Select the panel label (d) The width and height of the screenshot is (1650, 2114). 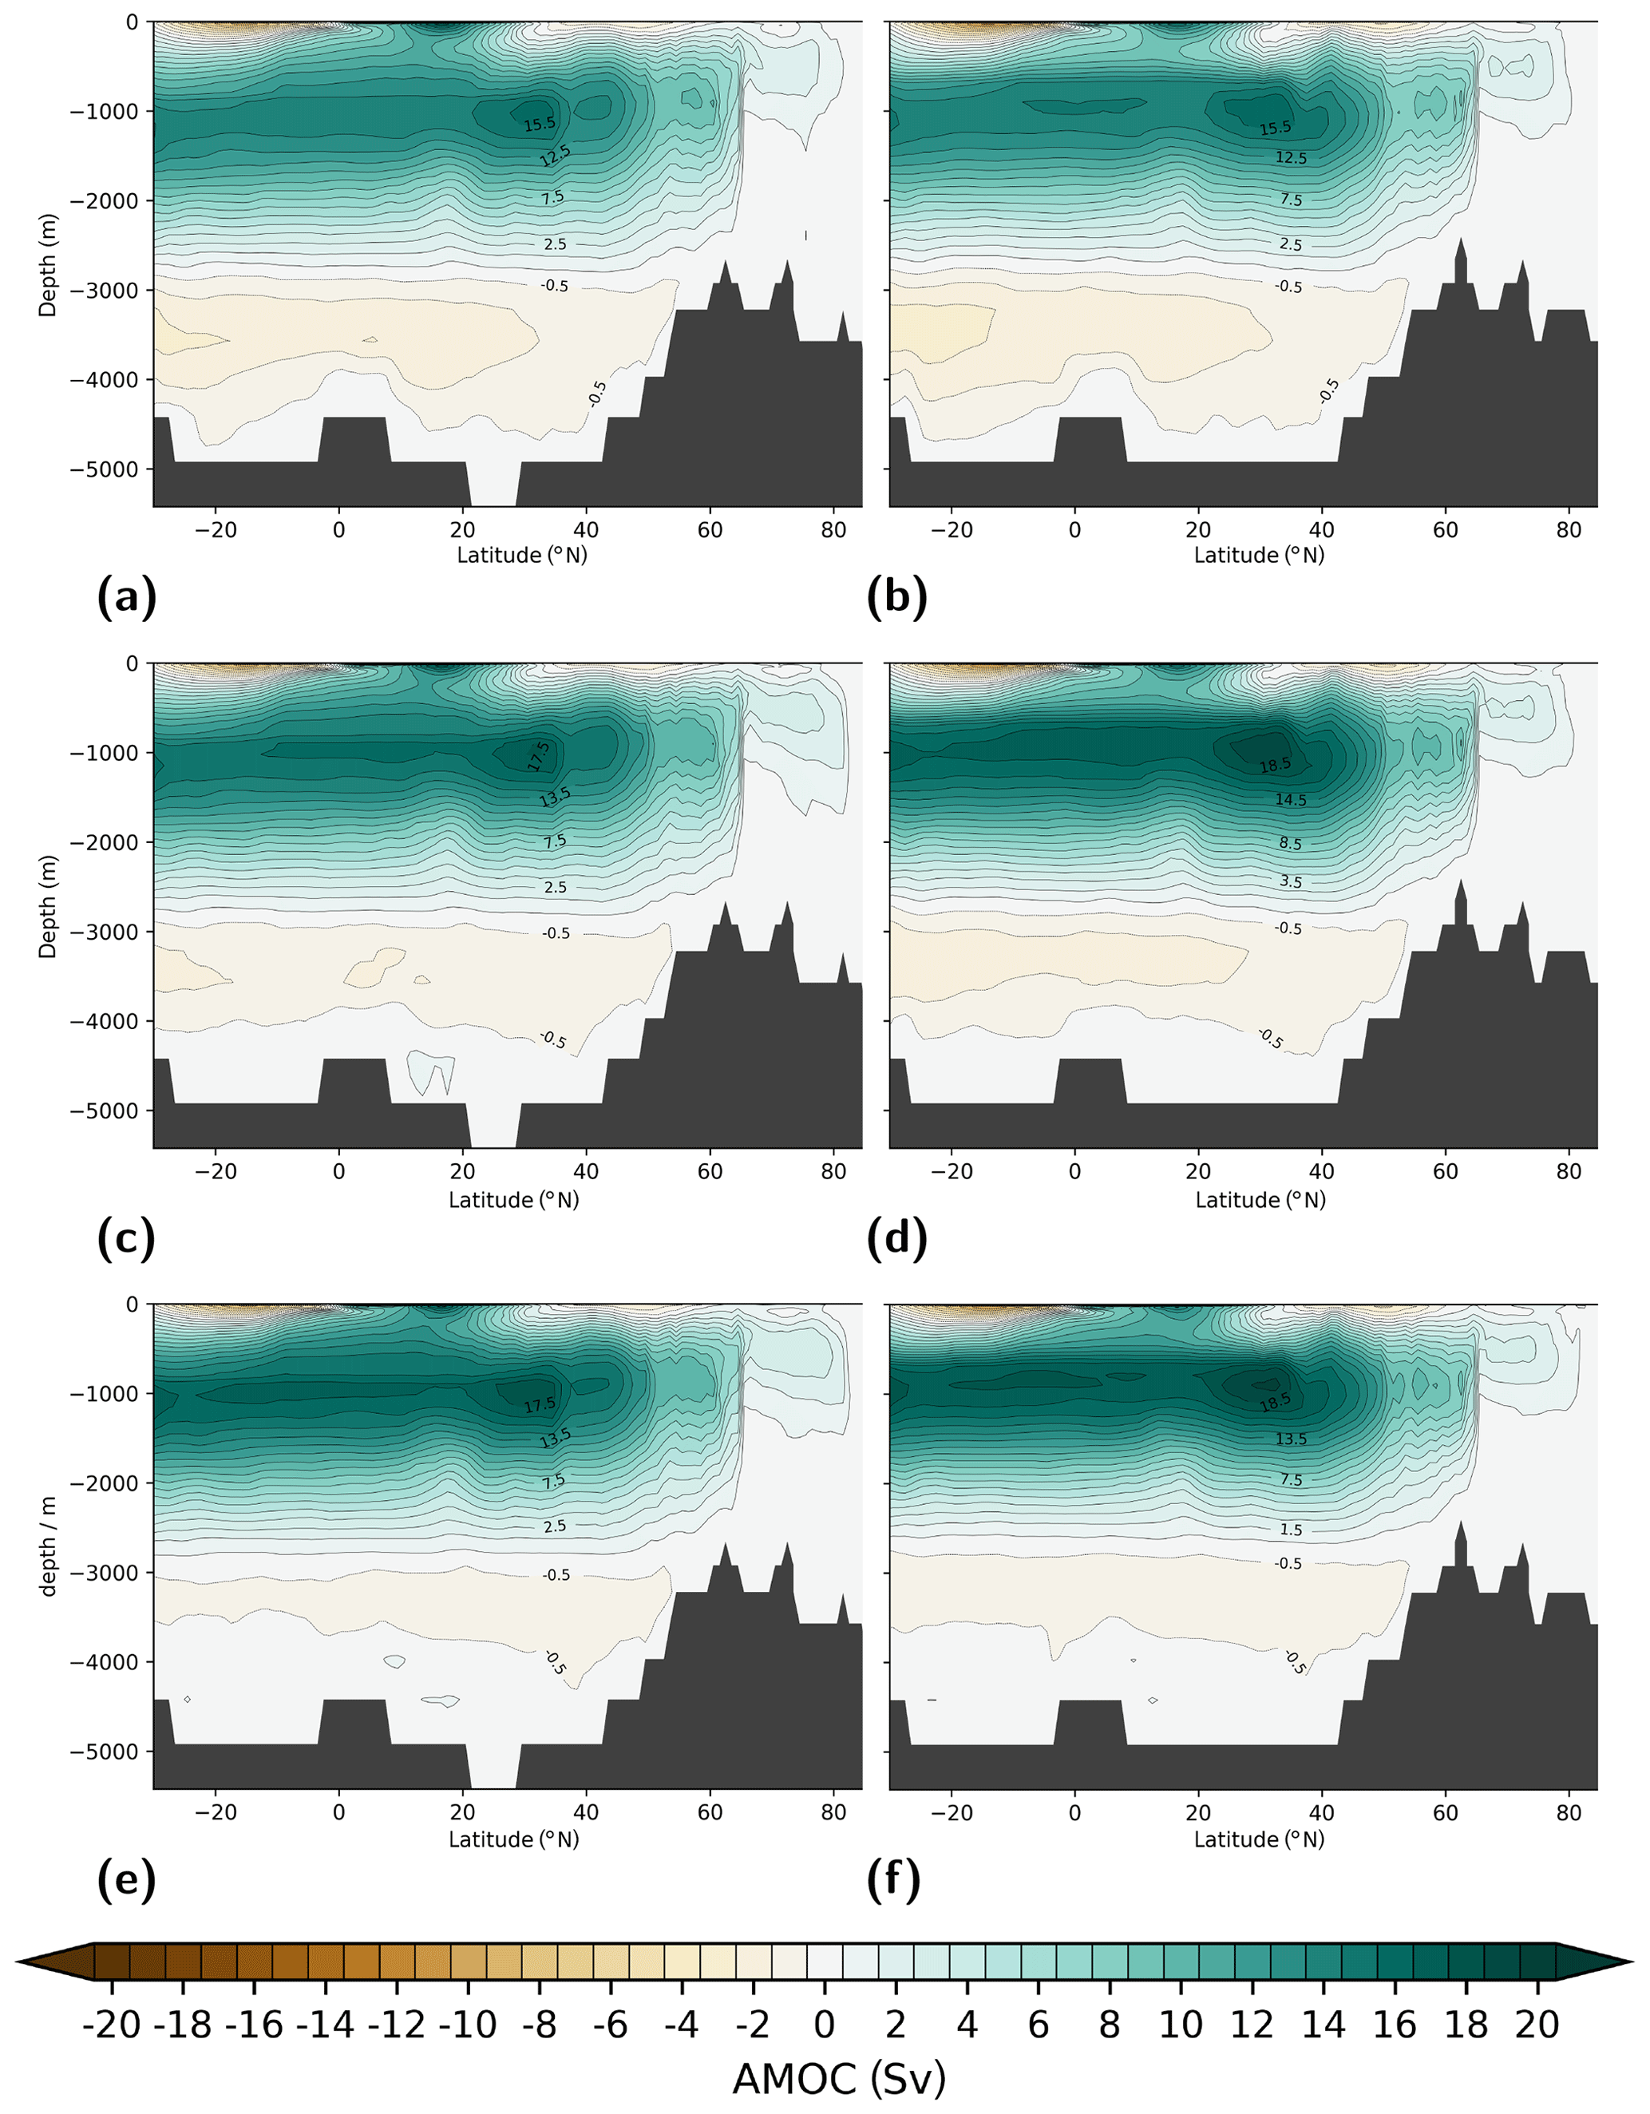897,1240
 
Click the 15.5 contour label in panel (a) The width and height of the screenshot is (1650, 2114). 540,124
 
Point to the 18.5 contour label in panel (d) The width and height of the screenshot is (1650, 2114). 1275,766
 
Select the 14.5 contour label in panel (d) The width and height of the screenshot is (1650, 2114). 1290,801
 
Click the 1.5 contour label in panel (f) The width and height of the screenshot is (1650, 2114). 1291,1530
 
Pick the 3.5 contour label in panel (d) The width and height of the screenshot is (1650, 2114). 1290,882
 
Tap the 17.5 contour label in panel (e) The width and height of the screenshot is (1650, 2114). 540,1404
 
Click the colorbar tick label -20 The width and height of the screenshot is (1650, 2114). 113,2025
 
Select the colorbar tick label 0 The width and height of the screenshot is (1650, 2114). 824,2025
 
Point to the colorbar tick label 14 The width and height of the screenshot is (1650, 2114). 1323,2025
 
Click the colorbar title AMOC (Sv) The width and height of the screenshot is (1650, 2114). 838,2079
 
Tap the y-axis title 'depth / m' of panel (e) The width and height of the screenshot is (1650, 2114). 47,1546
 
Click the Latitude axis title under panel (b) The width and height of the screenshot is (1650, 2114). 1259,556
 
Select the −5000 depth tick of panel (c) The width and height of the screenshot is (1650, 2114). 105,1111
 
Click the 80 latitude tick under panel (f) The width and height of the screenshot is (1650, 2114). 1569,1812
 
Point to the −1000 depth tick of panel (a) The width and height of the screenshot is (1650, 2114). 105,111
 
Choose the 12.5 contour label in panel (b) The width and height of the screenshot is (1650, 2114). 1291,158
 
